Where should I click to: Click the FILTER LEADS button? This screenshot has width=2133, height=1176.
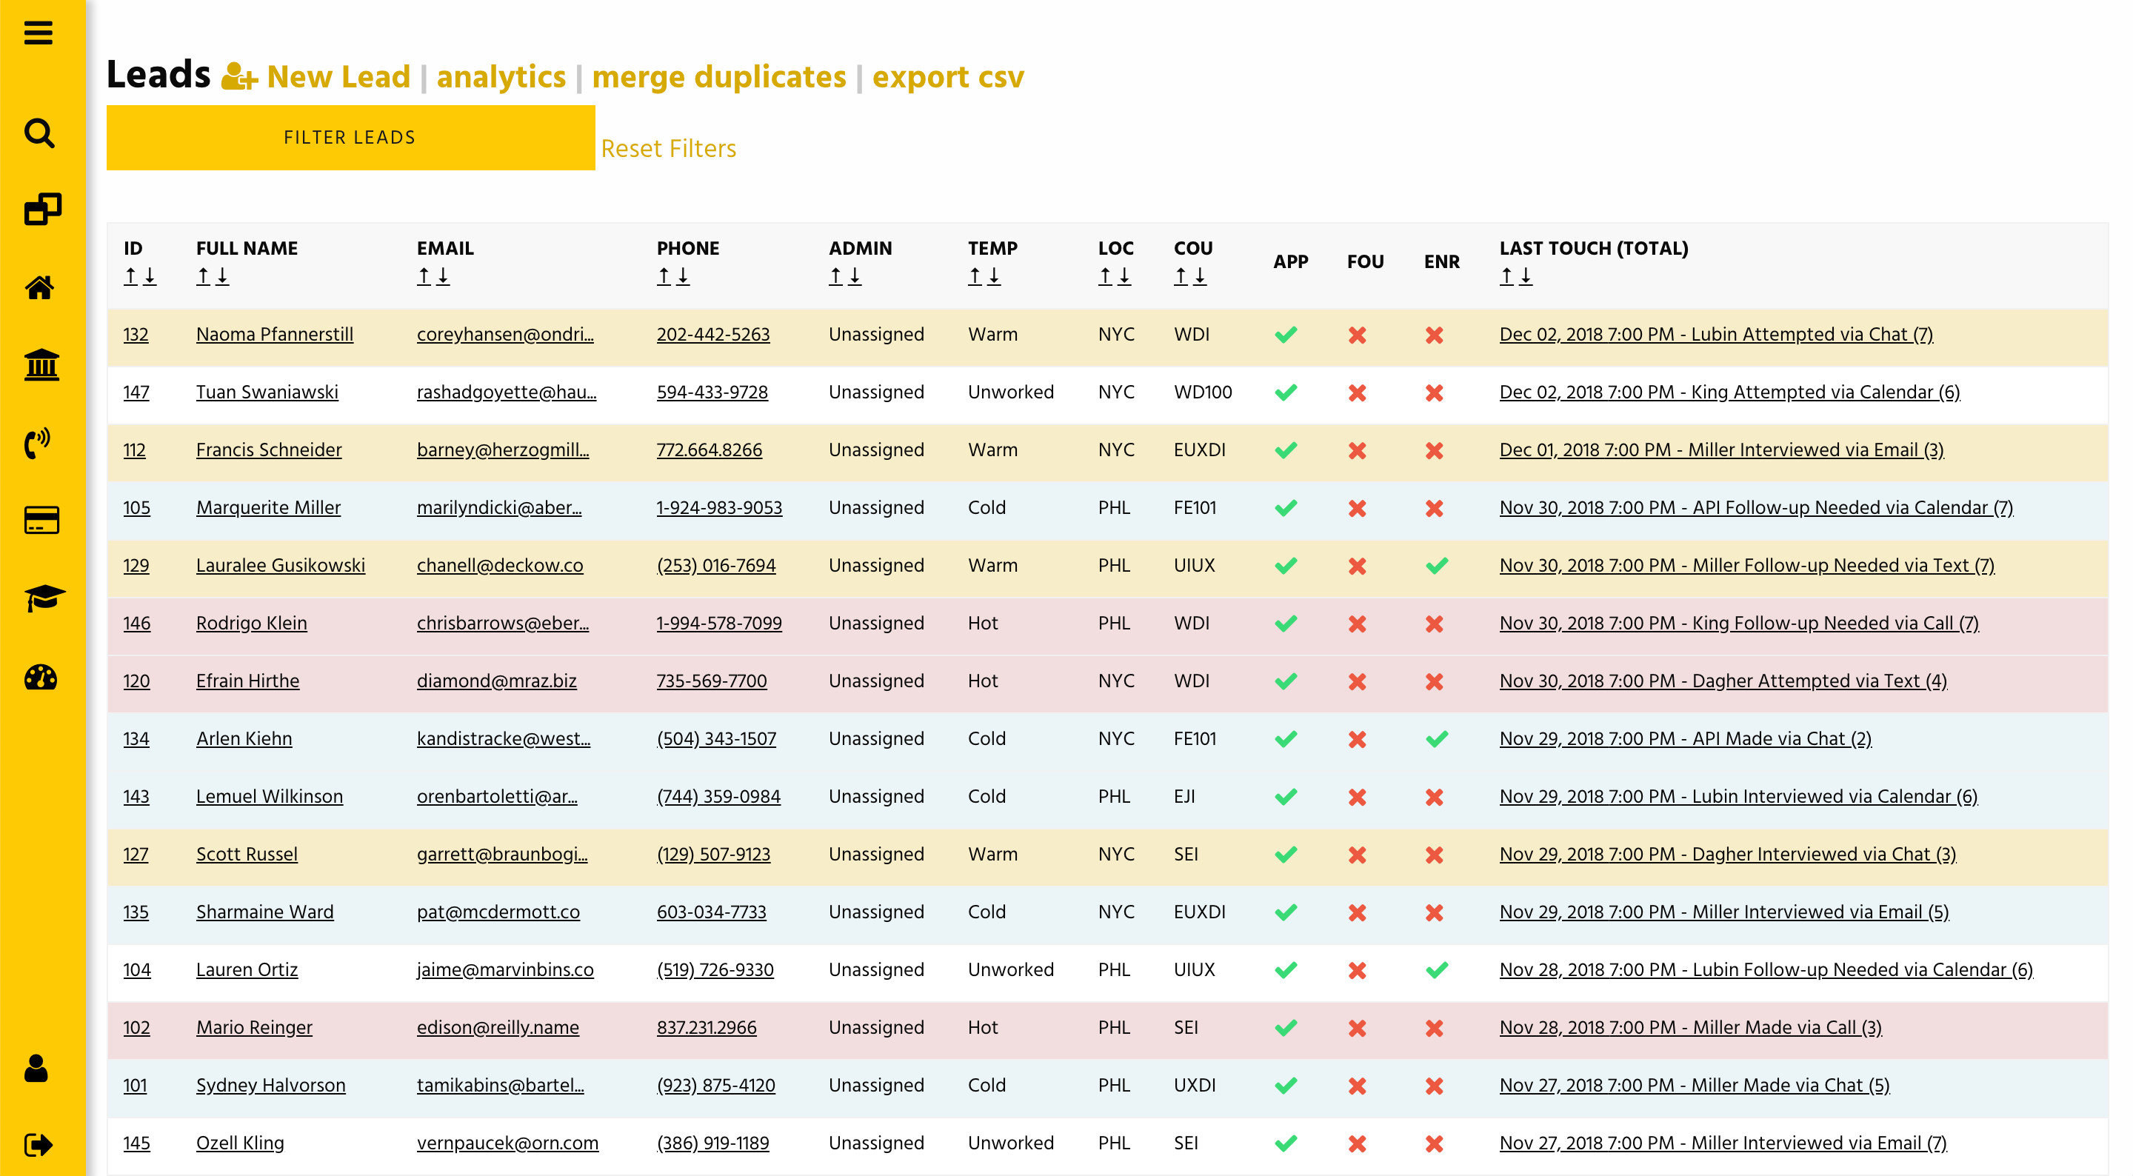(350, 138)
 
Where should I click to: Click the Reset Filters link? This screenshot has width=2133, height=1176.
(667, 148)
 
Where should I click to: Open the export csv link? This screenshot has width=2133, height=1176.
(947, 77)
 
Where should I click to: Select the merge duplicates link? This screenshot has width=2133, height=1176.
(718, 77)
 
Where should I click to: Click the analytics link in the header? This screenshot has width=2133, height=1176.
(500, 77)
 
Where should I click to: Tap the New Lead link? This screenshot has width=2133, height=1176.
(337, 77)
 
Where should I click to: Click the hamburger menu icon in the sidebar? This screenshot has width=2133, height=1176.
(38, 33)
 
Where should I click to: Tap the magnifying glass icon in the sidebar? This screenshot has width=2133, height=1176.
(40, 133)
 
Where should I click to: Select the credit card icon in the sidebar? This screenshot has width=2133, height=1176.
(41, 520)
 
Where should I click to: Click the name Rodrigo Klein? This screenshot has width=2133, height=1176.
(251, 623)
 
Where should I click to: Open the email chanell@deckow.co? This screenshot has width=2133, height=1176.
(499, 565)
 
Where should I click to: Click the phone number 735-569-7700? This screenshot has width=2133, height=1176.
(711, 681)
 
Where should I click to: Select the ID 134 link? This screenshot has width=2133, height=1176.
(136, 739)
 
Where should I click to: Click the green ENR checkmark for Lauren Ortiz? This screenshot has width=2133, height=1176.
(1437, 970)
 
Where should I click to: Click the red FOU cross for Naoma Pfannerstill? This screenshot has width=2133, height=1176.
(1357, 335)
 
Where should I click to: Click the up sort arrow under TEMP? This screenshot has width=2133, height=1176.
(975, 275)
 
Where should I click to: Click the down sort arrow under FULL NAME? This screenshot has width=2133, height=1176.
(222, 275)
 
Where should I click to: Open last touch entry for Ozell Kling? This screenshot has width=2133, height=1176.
(1722, 1143)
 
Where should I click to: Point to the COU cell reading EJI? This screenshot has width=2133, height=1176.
(1184, 797)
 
